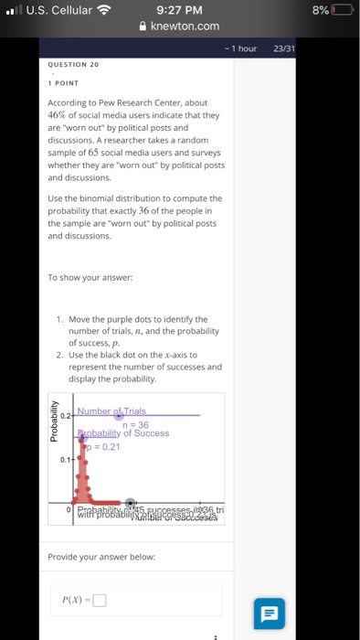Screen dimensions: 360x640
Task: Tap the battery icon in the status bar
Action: (x=342, y=10)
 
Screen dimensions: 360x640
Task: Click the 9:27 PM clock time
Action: (x=179, y=10)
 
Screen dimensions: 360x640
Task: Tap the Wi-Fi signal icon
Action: (x=103, y=10)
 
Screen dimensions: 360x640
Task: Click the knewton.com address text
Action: (x=185, y=27)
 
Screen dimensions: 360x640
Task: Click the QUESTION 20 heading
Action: (x=72, y=65)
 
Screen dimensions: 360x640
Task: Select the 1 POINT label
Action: (x=64, y=84)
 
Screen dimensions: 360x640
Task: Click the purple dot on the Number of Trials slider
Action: (x=131, y=415)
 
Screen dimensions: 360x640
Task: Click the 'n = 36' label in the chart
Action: (x=134, y=424)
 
